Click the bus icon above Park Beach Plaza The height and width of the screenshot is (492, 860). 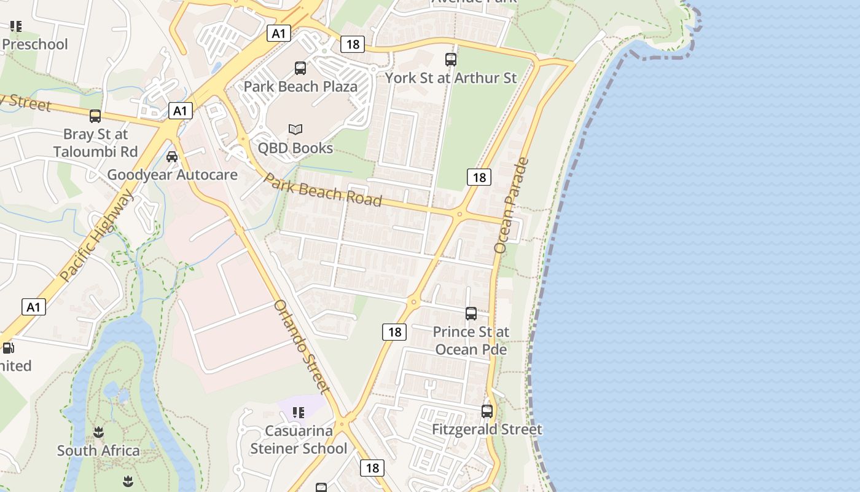(x=300, y=68)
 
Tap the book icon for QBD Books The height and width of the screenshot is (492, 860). (x=295, y=129)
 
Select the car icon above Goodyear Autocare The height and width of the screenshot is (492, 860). (x=172, y=157)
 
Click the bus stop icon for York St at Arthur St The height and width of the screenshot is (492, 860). (x=451, y=60)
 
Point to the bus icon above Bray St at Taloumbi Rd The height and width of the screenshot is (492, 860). (x=95, y=116)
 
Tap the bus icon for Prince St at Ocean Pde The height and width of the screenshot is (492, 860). (x=471, y=314)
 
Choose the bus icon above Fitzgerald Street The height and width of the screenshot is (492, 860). (x=487, y=411)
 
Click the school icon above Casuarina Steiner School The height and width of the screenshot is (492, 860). (x=299, y=413)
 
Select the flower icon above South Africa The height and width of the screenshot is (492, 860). (x=98, y=433)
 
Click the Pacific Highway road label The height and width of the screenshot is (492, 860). (x=96, y=236)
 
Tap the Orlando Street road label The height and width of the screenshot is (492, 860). (x=301, y=346)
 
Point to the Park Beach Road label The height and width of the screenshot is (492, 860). (x=323, y=191)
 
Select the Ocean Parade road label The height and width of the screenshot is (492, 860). (x=511, y=205)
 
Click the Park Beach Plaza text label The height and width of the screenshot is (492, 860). (x=300, y=86)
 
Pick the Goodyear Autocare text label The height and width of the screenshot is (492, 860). (x=172, y=175)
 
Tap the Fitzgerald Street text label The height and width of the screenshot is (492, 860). (x=487, y=429)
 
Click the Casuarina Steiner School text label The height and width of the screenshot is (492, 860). (x=299, y=440)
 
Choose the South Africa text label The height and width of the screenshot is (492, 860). (x=98, y=451)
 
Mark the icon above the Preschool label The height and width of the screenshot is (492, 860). (x=16, y=26)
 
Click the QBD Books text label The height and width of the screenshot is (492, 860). (x=295, y=148)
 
